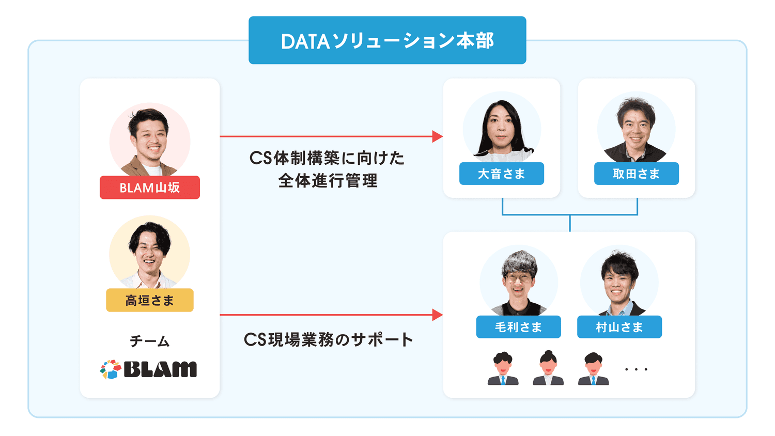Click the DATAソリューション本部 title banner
click(387, 40)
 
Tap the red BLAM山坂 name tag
click(150, 188)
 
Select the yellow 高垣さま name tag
click(150, 300)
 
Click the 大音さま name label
click(501, 174)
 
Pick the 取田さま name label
click(636, 174)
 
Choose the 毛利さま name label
click(518, 327)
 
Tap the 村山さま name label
click(619, 327)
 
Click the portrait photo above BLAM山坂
click(150, 139)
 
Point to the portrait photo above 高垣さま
click(150, 253)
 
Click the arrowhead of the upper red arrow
click(437, 136)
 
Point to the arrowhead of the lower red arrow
click(437, 315)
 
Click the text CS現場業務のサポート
click(328, 339)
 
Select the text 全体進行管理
click(328, 181)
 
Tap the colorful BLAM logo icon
click(110, 369)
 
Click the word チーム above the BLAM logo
click(150, 341)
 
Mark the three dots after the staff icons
click(636, 369)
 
